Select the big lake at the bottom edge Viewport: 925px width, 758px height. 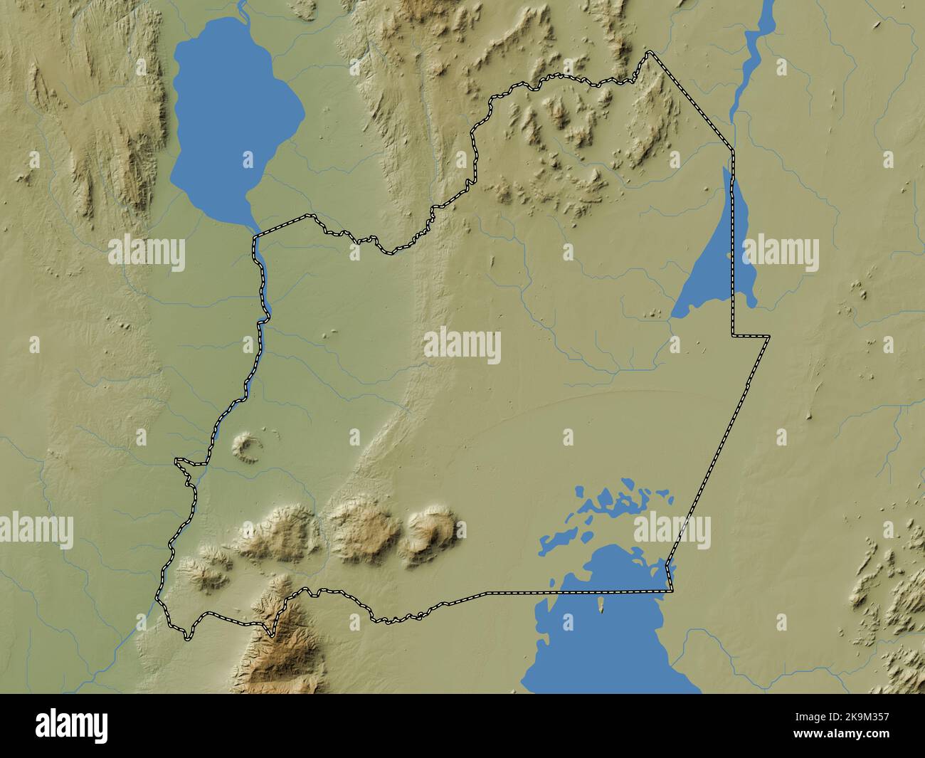click(612, 641)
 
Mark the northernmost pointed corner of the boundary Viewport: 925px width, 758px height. click(648, 52)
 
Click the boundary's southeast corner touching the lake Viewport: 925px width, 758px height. click(670, 590)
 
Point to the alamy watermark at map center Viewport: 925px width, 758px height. click(462, 345)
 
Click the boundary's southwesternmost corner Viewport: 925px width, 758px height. click(186, 638)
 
